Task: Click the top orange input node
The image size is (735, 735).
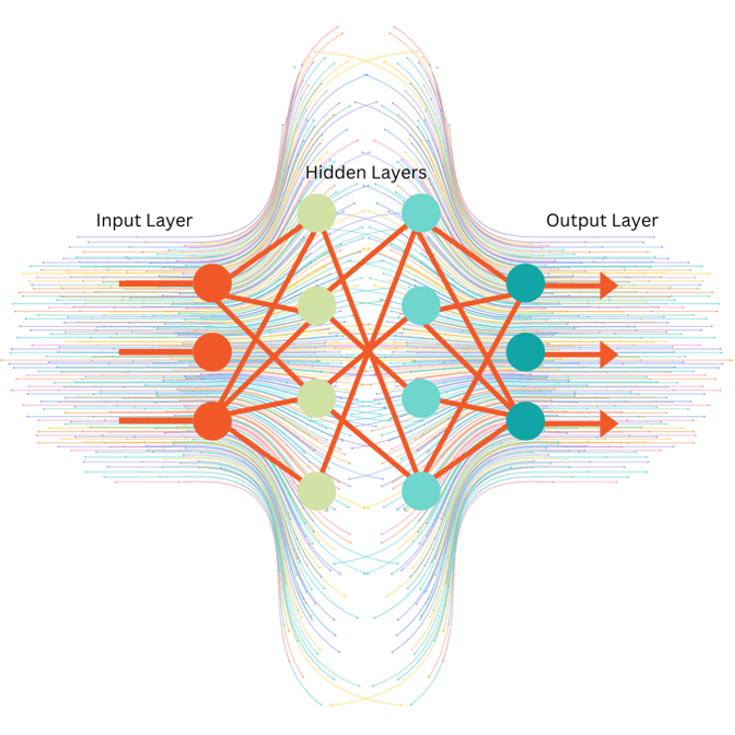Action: click(x=212, y=283)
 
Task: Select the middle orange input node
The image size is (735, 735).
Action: click(x=212, y=352)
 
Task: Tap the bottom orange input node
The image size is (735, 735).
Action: click(x=212, y=421)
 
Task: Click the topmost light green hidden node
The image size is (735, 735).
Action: click(x=317, y=213)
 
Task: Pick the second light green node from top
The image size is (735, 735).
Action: click(x=317, y=306)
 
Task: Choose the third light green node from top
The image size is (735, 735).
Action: click(x=317, y=398)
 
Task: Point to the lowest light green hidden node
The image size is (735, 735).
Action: click(x=317, y=490)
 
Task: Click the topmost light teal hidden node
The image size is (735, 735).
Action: click(x=421, y=213)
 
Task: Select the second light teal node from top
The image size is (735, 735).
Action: click(x=421, y=306)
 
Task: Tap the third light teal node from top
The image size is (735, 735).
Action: click(x=421, y=398)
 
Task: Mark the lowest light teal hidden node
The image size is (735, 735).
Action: click(x=421, y=490)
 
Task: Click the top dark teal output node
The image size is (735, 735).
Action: click(x=525, y=284)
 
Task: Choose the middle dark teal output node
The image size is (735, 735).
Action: click(x=525, y=353)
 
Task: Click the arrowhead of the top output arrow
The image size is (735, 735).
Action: click(x=606, y=285)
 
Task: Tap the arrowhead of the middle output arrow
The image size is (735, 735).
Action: click(x=606, y=354)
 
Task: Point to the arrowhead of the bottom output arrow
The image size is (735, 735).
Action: click(x=606, y=423)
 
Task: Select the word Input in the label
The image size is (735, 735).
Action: click(x=117, y=220)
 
